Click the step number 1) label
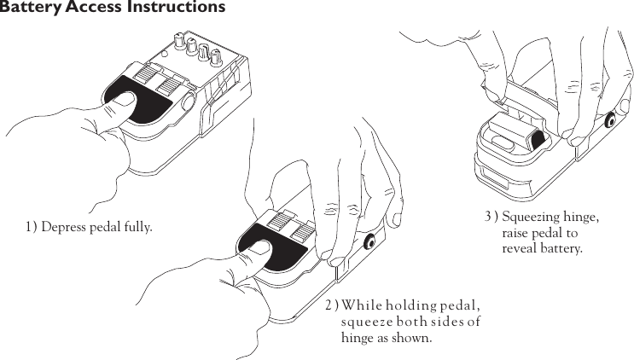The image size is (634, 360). click(x=31, y=227)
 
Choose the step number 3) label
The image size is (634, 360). click(x=491, y=217)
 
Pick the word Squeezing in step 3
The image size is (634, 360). click(x=534, y=217)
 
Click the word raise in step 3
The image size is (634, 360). click(x=517, y=233)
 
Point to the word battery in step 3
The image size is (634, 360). click(x=561, y=249)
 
